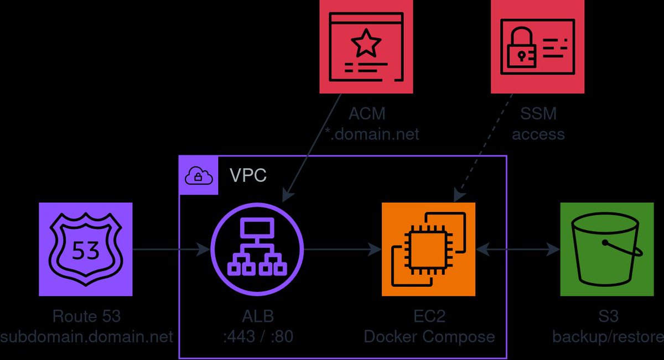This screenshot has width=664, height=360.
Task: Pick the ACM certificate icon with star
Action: (366, 46)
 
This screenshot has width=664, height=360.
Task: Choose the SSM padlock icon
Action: (538, 46)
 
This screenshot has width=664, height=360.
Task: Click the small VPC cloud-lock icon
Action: (199, 176)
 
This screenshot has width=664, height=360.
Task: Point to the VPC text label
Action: (248, 176)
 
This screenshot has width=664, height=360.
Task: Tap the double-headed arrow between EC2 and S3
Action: (518, 249)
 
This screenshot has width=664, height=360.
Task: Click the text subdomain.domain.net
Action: (87, 336)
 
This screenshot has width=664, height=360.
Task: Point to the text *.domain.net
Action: (366, 134)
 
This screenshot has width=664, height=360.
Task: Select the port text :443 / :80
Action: (257, 336)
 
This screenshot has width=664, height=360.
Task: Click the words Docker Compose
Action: (429, 336)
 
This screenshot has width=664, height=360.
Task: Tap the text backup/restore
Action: (608, 336)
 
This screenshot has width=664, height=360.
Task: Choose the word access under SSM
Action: (538, 134)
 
